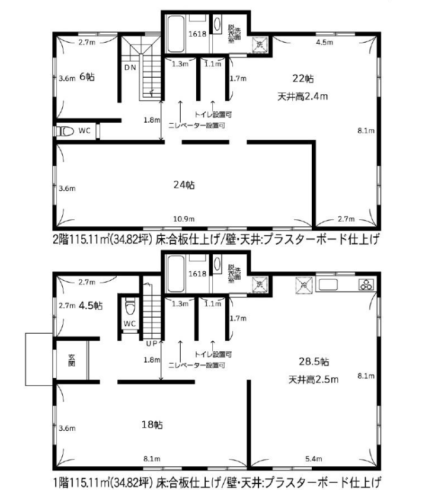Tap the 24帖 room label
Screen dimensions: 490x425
184,185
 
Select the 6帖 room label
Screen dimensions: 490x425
86,76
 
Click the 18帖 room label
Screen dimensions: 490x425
155,424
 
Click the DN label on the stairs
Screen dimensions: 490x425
130,68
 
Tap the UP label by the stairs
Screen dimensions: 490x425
151,344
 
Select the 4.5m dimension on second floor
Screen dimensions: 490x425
323,43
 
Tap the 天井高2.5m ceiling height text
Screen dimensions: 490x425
313,379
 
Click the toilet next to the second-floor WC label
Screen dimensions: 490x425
65,131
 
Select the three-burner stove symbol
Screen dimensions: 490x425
365,285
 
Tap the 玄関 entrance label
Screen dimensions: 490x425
71,360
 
